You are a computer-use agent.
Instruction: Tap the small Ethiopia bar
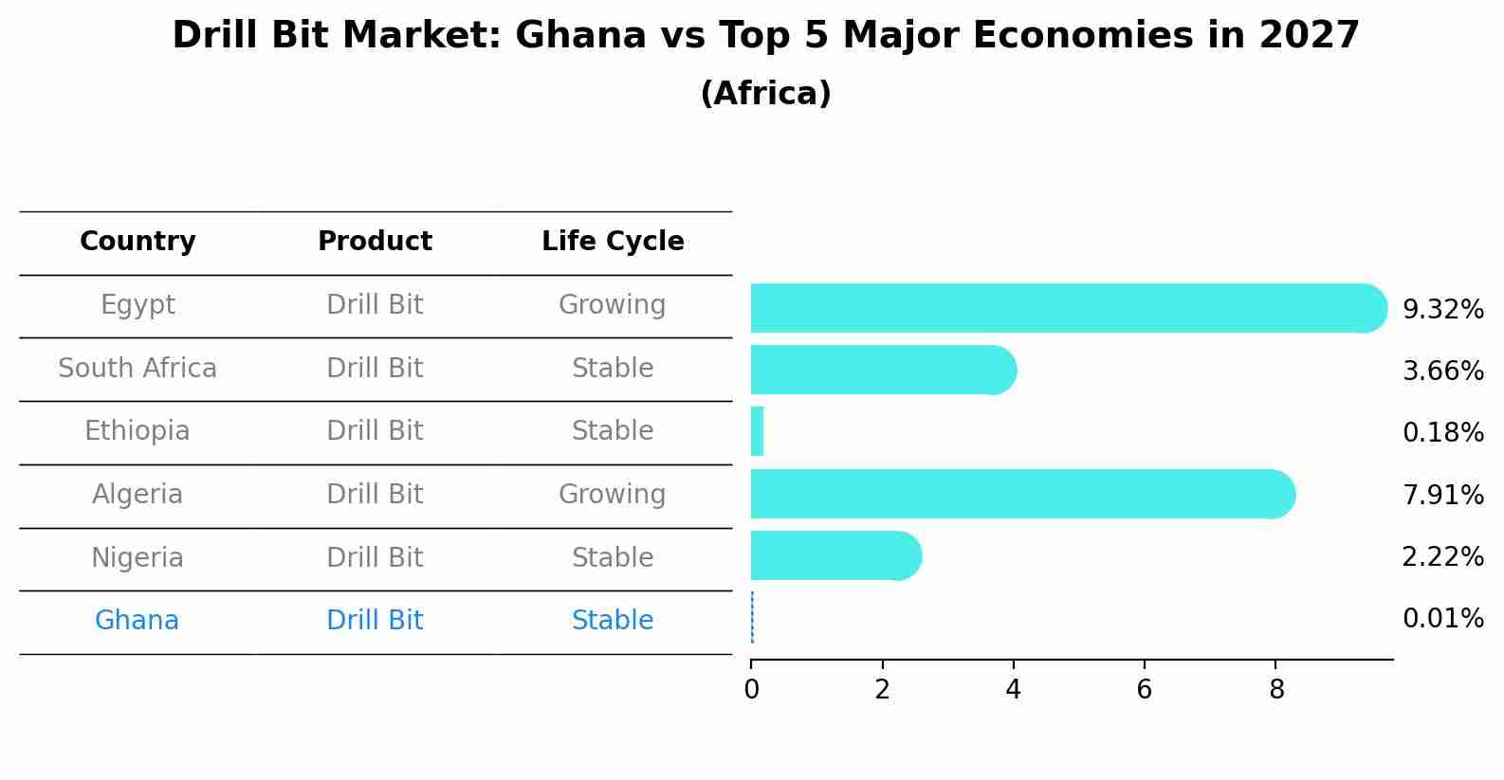tap(757, 432)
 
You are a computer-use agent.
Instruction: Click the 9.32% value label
tap(1442, 310)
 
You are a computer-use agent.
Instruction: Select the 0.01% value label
tap(1442, 619)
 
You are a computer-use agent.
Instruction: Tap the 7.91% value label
tap(1442, 495)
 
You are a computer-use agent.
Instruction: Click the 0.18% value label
tap(1442, 433)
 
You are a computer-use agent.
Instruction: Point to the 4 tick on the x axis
tap(1013, 690)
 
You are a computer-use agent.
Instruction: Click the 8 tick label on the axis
tap(1276, 690)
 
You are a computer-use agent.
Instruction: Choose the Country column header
tap(138, 242)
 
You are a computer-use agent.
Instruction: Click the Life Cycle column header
tap(613, 242)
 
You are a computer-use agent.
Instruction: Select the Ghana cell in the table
tap(137, 621)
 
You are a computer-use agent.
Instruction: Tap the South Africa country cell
tap(138, 369)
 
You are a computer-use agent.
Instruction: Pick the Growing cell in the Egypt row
tap(612, 305)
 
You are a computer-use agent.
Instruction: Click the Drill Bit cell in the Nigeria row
tap(375, 558)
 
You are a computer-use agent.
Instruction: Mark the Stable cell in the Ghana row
tap(613, 621)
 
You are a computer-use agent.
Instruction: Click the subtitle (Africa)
tap(765, 94)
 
